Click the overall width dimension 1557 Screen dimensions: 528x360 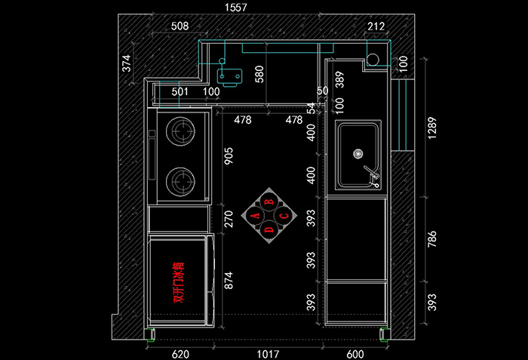[235, 8]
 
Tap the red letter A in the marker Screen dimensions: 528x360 [256, 215]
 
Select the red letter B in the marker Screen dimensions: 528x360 [269, 202]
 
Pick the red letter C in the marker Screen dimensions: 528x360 [284, 215]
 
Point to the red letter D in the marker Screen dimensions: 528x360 [269, 229]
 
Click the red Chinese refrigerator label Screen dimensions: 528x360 [179, 282]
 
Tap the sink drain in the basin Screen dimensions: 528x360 [358, 154]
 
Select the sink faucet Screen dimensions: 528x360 [372, 176]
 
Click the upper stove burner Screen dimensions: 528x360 [180, 131]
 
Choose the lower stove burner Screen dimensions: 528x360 [180, 181]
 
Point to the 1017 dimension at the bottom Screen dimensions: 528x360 [268, 354]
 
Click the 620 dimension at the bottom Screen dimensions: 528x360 [180, 354]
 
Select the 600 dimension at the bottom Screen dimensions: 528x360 [355, 354]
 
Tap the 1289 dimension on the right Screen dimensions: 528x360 [432, 128]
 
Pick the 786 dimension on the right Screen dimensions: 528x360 [432, 239]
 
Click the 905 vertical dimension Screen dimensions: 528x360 [229, 155]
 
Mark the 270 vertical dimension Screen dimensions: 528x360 [229, 219]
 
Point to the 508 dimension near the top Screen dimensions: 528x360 [180, 26]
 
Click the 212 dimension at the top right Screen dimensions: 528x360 [376, 26]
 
